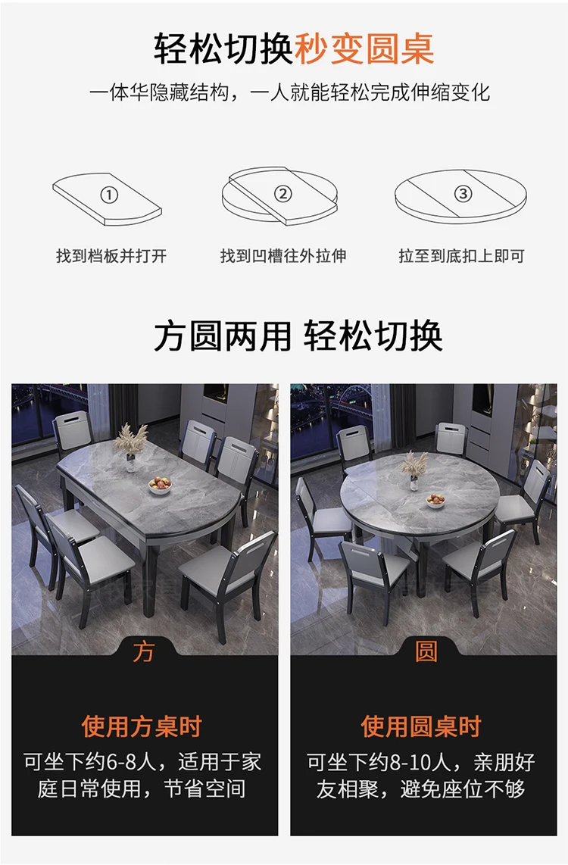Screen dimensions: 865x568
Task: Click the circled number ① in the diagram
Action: coord(110,195)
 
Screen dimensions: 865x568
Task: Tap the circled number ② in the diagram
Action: coord(282,194)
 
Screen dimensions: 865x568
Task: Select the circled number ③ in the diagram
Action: coord(463,193)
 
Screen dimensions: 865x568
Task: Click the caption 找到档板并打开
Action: coord(111,256)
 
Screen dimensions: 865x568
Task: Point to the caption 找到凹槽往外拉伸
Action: coord(283,256)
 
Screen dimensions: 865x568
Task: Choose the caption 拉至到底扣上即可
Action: coord(461,256)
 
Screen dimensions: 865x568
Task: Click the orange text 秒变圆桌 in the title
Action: coord(364,48)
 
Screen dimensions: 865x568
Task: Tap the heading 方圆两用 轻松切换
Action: coord(298,336)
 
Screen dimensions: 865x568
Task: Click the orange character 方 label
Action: coord(143,652)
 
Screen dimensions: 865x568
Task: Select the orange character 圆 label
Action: coord(426,652)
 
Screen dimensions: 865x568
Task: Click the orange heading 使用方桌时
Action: coord(142,726)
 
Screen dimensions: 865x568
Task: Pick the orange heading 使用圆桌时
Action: coord(421,726)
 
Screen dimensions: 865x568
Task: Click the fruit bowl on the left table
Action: coord(160,485)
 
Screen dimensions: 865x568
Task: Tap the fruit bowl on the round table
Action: coord(435,500)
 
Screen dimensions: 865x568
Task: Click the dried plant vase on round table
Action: coord(414,464)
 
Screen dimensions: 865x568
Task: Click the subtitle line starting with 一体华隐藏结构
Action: coord(289,93)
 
